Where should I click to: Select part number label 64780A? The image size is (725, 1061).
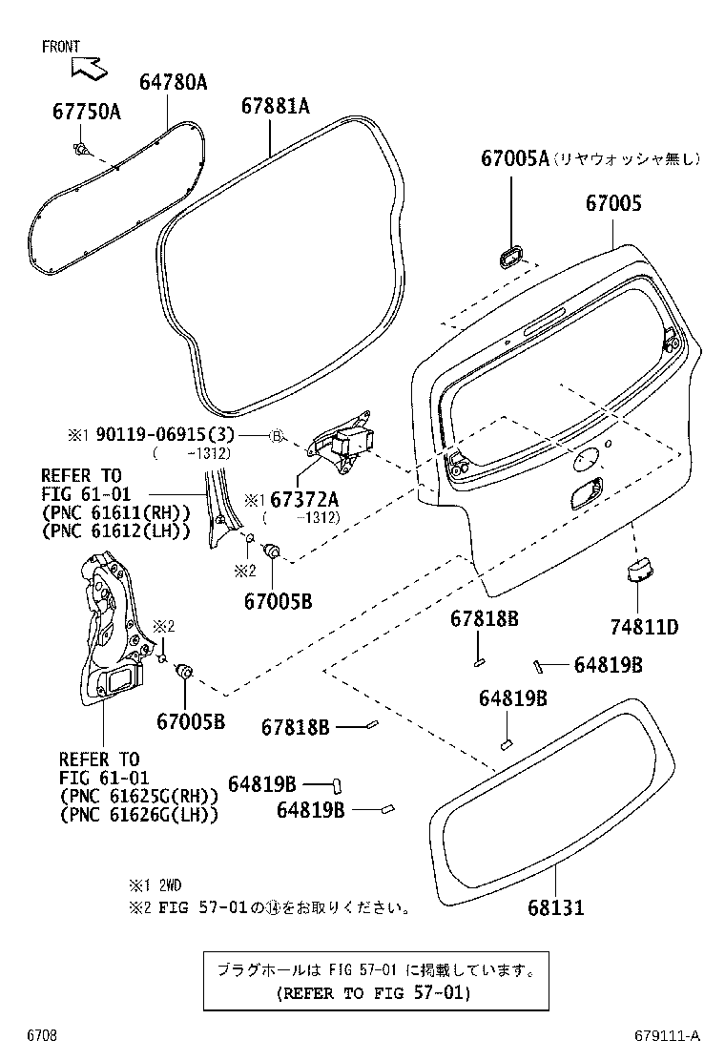[173, 83]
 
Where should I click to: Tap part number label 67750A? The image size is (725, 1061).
[86, 113]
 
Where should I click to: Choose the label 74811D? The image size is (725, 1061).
[644, 627]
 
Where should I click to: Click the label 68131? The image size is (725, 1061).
[553, 907]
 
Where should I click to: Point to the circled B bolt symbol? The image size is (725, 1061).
[277, 436]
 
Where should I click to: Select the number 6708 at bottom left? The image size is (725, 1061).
[41, 1035]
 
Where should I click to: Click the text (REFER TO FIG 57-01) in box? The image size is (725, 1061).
[374, 993]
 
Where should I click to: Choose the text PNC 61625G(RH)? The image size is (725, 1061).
[139, 796]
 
